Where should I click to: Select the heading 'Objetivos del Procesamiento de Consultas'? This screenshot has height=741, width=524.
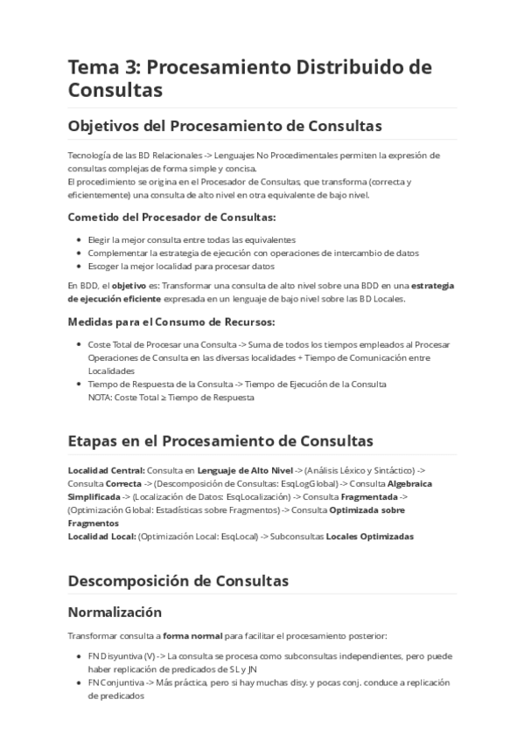pos(225,126)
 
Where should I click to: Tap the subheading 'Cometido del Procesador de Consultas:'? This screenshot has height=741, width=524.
pos(171,216)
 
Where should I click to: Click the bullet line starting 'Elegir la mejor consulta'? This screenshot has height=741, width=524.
pos(192,239)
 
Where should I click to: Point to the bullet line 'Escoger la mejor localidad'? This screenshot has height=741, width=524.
pos(181,266)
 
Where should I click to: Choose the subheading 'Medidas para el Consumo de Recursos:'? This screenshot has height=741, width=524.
pos(171,321)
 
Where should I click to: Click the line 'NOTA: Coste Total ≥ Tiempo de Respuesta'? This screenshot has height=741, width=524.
pos(171,397)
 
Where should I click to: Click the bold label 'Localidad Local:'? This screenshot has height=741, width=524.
pos(101,536)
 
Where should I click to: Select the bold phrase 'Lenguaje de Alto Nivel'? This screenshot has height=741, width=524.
pos(245,470)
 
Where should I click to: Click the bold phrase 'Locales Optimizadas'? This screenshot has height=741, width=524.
pos(370,536)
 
